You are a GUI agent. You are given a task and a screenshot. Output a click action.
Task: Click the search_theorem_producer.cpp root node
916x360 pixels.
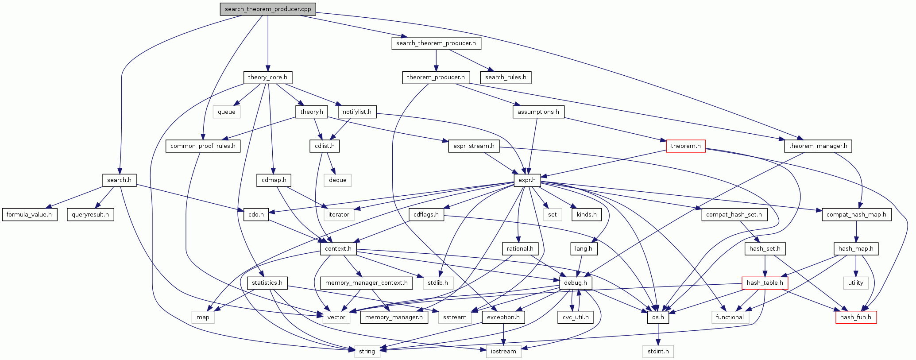pos(268,9)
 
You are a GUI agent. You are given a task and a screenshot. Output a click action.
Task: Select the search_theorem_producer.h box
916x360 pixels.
pos(436,43)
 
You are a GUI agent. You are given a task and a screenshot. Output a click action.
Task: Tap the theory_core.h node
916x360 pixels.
pos(267,77)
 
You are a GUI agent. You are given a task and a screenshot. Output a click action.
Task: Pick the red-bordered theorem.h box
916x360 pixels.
pos(685,146)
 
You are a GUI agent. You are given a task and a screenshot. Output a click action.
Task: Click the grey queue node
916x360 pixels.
pos(226,112)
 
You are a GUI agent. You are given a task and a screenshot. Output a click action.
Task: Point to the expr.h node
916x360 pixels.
pos(527,180)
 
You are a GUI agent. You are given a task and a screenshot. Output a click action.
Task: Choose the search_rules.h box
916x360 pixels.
pos(506,77)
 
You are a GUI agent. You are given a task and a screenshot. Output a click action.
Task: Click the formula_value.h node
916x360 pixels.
pos(29,215)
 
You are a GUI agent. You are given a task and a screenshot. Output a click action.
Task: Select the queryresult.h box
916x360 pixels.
pos(90,215)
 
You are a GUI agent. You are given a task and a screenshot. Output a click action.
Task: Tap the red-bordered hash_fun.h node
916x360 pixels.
pos(855,317)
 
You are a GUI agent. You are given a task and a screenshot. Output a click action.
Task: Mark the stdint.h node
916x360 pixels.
pos(658,352)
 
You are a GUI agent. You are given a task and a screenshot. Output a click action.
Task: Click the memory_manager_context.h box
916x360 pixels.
pos(366,283)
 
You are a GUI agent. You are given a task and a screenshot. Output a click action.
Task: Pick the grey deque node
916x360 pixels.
pos(337,180)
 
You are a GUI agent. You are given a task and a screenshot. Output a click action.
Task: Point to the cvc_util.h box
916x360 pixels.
pos(575,317)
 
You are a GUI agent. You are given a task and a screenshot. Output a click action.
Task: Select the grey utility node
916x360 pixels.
pos(855,283)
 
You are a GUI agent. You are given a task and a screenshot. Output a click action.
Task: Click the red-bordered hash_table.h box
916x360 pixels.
pos(765,283)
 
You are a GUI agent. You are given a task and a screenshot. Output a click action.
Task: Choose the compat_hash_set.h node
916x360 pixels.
pos(734,215)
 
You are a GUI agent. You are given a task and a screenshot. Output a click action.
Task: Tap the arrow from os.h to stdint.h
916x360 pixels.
pos(658,334)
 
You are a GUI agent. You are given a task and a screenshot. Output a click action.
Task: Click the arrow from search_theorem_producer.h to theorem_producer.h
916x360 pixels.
pos(436,60)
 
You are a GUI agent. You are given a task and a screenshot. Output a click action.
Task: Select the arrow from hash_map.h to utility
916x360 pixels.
pos(856,266)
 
